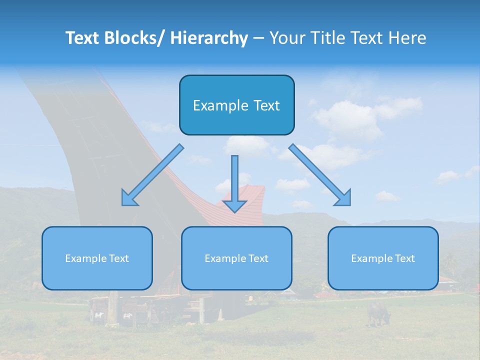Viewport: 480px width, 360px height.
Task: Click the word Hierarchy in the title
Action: pos(209,38)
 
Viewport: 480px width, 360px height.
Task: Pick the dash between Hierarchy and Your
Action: pos(258,38)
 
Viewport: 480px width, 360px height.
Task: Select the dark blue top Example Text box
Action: pos(236,105)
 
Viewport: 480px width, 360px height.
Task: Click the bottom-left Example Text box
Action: pos(97,258)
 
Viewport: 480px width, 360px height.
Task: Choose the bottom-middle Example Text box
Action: pos(236,258)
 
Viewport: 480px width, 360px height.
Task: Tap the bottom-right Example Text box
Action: pos(383,258)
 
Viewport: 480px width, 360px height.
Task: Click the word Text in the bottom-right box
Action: pos(404,258)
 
